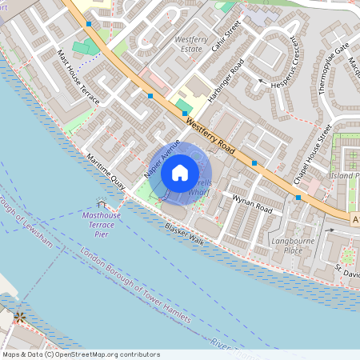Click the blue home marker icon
[180, 173]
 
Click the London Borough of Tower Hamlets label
[135, 287]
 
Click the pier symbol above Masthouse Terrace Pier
[100, 202]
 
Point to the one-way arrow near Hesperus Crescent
[261, 81]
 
